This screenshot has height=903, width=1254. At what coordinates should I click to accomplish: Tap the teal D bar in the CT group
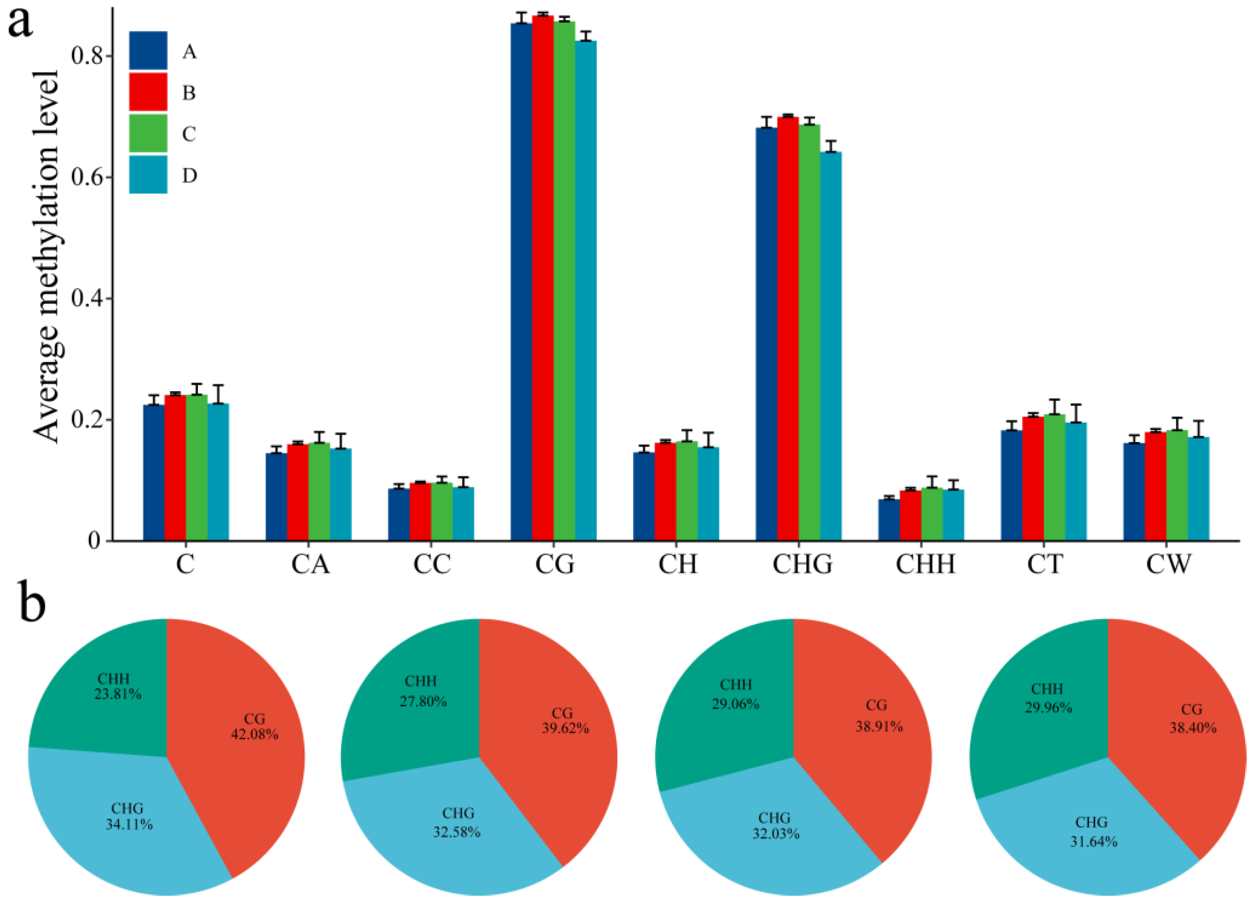tap(1076, 481)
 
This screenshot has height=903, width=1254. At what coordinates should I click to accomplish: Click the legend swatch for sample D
tap(148, 175)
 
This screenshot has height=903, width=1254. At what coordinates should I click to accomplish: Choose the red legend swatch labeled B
tap(148, 92)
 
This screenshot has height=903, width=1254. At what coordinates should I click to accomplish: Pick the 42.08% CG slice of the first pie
tap(243, 774)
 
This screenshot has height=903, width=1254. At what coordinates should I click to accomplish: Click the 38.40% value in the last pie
tap(1193, 728)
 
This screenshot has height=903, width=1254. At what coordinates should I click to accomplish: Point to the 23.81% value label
tap(117, 693)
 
